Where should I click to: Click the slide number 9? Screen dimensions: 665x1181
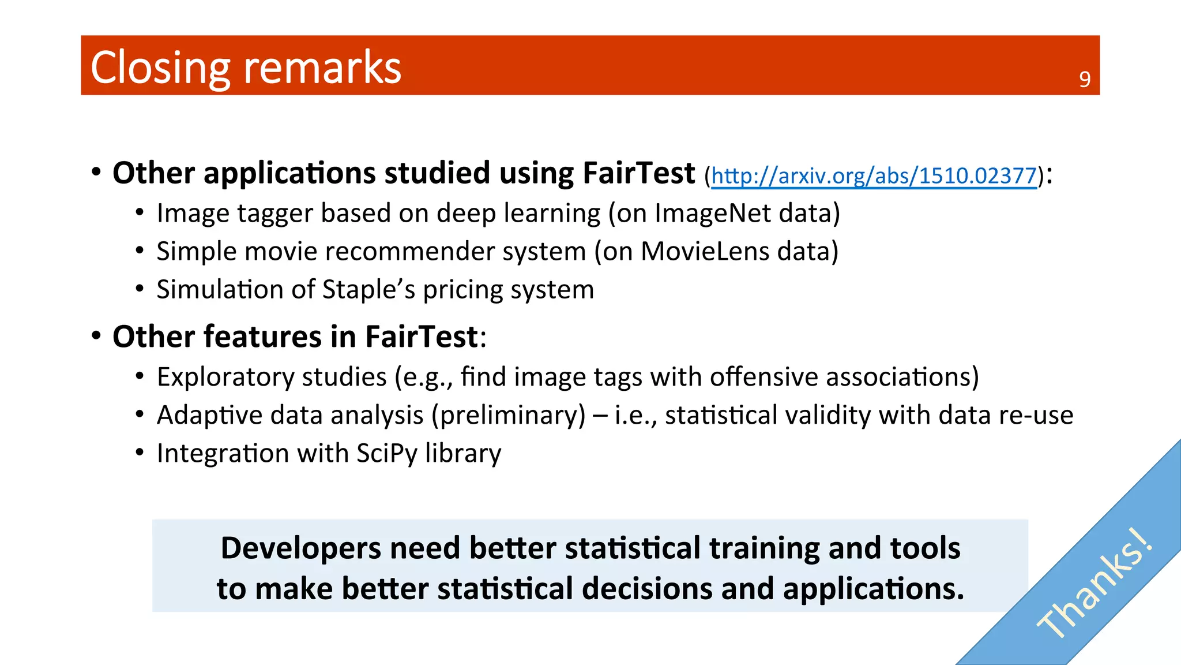click(x=1085, y=80)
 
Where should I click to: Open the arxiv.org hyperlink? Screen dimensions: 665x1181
click(x=874, y=175)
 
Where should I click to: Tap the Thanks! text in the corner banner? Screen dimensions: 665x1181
click(x=1095, y=584)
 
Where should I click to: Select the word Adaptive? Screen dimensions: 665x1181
click(x=209, y=415)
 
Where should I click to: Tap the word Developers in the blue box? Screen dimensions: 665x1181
click(x=300, y=548)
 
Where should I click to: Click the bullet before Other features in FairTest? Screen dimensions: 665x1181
click(x=96, y=335)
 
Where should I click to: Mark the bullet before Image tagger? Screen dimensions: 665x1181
click(x=140, y=212)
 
